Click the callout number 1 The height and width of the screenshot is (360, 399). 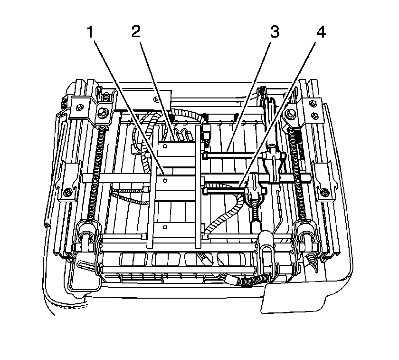tap(90, 32)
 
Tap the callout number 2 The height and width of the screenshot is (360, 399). tap(136, 32)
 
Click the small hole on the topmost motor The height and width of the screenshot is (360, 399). tap(165, 146)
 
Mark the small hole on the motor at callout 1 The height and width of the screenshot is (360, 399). tap(165, 181)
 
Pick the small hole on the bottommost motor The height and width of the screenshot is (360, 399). tap(165, 227)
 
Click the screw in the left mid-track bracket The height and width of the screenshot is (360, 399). tap(67, 191)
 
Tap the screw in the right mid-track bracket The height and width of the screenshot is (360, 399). tap(324, 191)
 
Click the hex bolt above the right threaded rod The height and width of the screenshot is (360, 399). tap(290, 112)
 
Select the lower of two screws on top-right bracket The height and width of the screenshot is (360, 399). tap(314, 115)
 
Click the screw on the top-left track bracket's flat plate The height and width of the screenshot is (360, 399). tap(80, 107)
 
